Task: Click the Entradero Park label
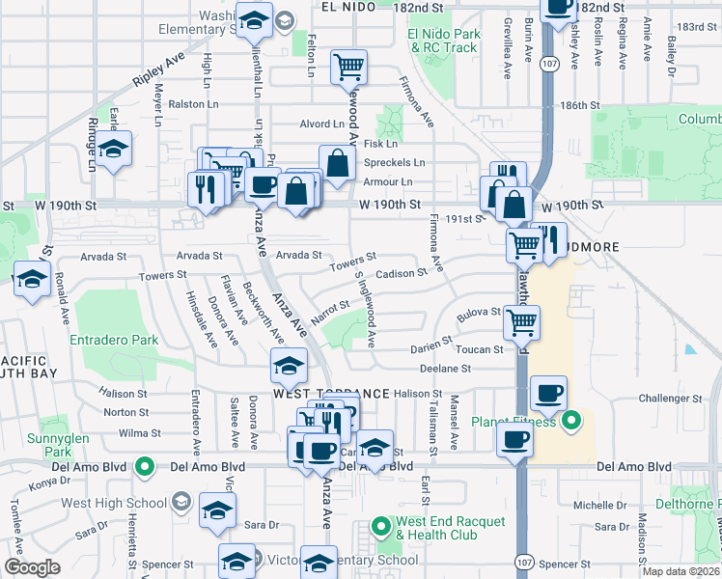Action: coord(114,340)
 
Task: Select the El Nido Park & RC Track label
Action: coord(443,41)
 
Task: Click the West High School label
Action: coord(114,502)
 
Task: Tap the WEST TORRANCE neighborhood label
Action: coord(330,394)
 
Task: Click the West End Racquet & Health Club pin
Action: coord(381,527)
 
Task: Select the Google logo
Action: coord(32,567)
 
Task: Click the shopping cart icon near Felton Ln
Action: coord(348,67)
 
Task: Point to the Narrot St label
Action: coord(329,311)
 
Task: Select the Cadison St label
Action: coord(401,273)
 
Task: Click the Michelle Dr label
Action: coord(600,505)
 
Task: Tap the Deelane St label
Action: coord(444,368)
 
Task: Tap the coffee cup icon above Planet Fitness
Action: coord(548,393)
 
